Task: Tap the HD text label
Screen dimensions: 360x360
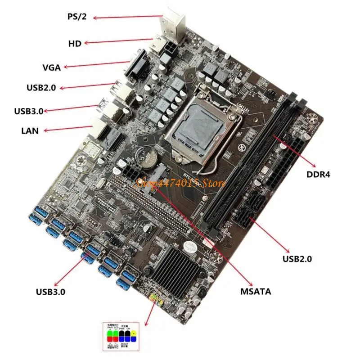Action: (74, 43)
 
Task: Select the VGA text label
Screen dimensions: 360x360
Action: (52, 68)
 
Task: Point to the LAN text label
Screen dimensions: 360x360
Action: (30, 131)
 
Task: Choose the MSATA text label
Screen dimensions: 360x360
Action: (255, 291)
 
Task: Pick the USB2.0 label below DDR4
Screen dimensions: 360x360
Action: (297, 259)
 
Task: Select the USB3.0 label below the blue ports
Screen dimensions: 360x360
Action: (50, 291)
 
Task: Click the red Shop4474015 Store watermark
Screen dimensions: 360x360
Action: (180, 183)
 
